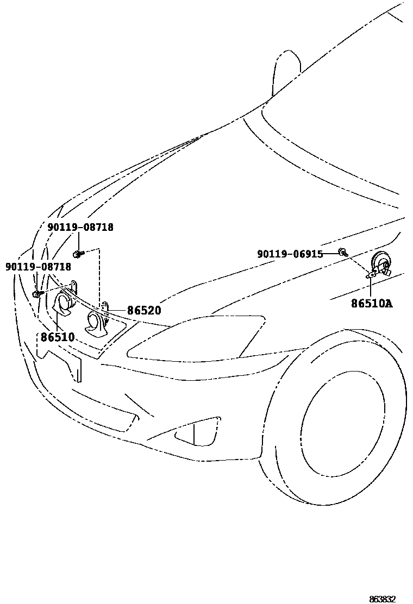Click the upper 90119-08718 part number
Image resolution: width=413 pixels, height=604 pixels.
coord(80,228)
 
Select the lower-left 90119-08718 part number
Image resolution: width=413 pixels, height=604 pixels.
coord(38,267)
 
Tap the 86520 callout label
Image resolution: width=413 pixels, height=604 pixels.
coord(144,311)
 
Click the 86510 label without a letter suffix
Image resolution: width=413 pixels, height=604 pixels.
coord(58,337)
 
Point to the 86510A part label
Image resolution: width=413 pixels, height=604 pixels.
coord(371,304)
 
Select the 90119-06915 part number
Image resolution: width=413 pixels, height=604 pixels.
coord(290,254)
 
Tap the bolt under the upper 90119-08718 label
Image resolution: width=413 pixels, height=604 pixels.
coord(78,253)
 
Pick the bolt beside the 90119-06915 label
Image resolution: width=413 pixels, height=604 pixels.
coord(343,251)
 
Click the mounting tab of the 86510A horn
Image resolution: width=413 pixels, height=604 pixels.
coord(372,275)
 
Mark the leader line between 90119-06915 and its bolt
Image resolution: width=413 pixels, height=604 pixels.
coord(330,254)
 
